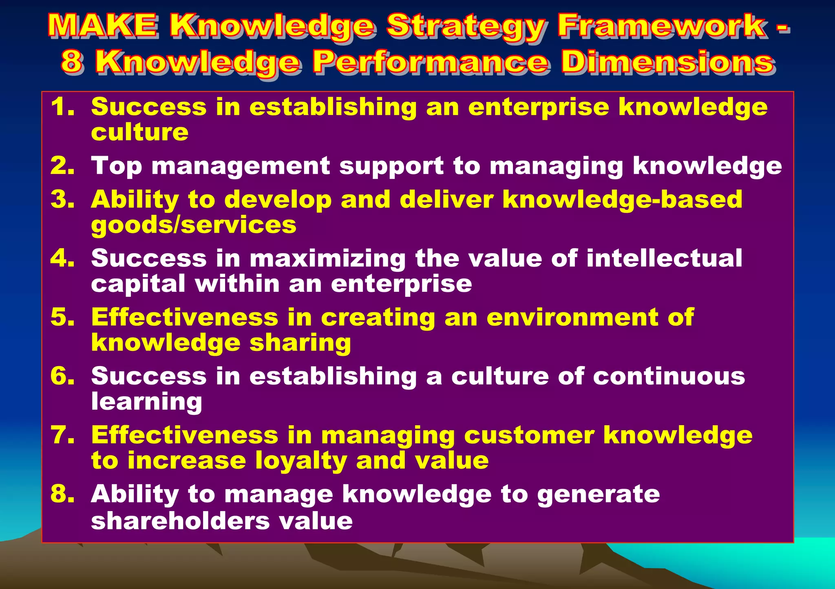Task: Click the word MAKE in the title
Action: pos(102,25)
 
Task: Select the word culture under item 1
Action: pos(139,132)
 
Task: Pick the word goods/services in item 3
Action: pos(194,225)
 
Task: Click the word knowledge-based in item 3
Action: pos(622,200)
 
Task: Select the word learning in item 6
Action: pos(146,402)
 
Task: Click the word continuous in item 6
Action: pos(669,376)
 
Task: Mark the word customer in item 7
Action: pos(529,435)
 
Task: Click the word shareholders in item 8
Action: pos(180,521)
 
